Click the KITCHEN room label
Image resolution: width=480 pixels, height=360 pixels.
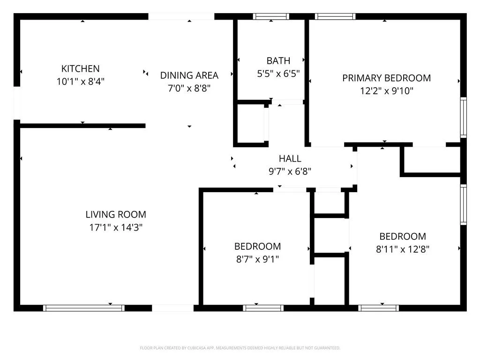pos(80,68)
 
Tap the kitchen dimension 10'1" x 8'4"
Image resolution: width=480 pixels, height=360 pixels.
pos(81,82)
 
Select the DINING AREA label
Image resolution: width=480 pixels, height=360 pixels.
pos(189,75)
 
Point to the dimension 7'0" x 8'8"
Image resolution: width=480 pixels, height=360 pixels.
pos(189,89)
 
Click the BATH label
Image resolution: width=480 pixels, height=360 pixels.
pos(278,60)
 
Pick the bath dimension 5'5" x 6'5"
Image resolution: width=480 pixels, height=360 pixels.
pos(278,74)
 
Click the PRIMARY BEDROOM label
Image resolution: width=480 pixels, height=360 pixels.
pos(386,78)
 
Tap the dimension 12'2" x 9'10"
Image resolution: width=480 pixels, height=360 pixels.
pos(387,91)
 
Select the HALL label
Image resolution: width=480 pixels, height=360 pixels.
pos(290,158)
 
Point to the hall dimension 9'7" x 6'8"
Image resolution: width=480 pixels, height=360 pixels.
pos(290,172)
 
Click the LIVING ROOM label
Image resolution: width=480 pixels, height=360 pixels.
pos(116,214)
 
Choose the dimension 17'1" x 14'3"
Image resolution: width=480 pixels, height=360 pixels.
pos(116,227)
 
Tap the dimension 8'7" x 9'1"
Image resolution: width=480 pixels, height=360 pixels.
pos(257,259)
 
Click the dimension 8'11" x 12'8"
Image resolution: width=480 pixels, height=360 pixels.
pos(403,249)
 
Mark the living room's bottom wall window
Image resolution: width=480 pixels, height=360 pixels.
pos(83,308)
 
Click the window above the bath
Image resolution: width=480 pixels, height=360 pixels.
pos(271,16)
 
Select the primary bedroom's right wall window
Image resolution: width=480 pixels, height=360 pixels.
pos(464,118)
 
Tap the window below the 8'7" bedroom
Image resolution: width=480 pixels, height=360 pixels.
pos(263,308)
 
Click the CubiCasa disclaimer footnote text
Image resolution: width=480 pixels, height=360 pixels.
pos(240,348)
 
